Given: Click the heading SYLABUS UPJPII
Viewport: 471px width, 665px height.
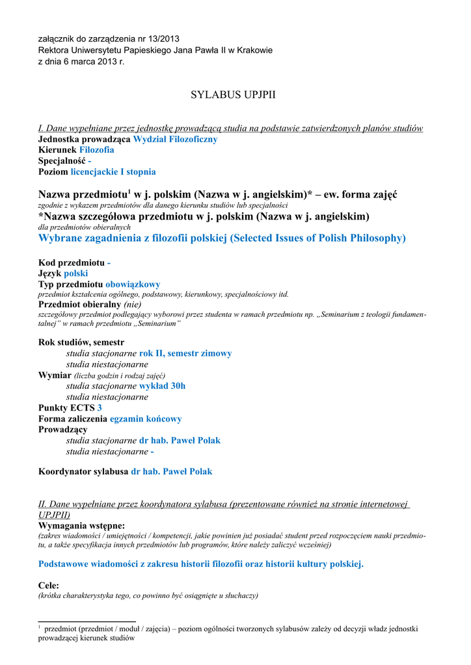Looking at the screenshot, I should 233,95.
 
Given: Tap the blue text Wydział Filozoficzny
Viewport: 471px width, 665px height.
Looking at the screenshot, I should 175,139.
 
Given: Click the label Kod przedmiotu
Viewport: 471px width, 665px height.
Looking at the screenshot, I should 71,262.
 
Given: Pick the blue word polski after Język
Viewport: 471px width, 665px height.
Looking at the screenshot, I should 75,273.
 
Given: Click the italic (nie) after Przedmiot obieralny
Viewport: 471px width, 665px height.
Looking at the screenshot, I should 132,304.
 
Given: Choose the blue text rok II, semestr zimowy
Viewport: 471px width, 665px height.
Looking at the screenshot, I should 185,353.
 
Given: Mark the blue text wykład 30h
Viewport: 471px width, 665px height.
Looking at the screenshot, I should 162,386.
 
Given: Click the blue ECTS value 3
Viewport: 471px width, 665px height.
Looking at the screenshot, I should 100,408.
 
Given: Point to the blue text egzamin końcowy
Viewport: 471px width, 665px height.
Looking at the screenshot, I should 146,419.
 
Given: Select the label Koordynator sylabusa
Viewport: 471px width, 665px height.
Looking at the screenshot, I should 83,471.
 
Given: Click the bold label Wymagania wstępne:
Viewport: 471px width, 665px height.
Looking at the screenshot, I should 81,525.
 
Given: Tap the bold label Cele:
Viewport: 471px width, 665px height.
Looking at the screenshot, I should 49,585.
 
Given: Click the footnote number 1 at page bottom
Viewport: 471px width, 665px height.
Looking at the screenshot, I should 40,627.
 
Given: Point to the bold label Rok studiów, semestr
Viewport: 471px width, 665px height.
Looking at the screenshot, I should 81,342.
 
